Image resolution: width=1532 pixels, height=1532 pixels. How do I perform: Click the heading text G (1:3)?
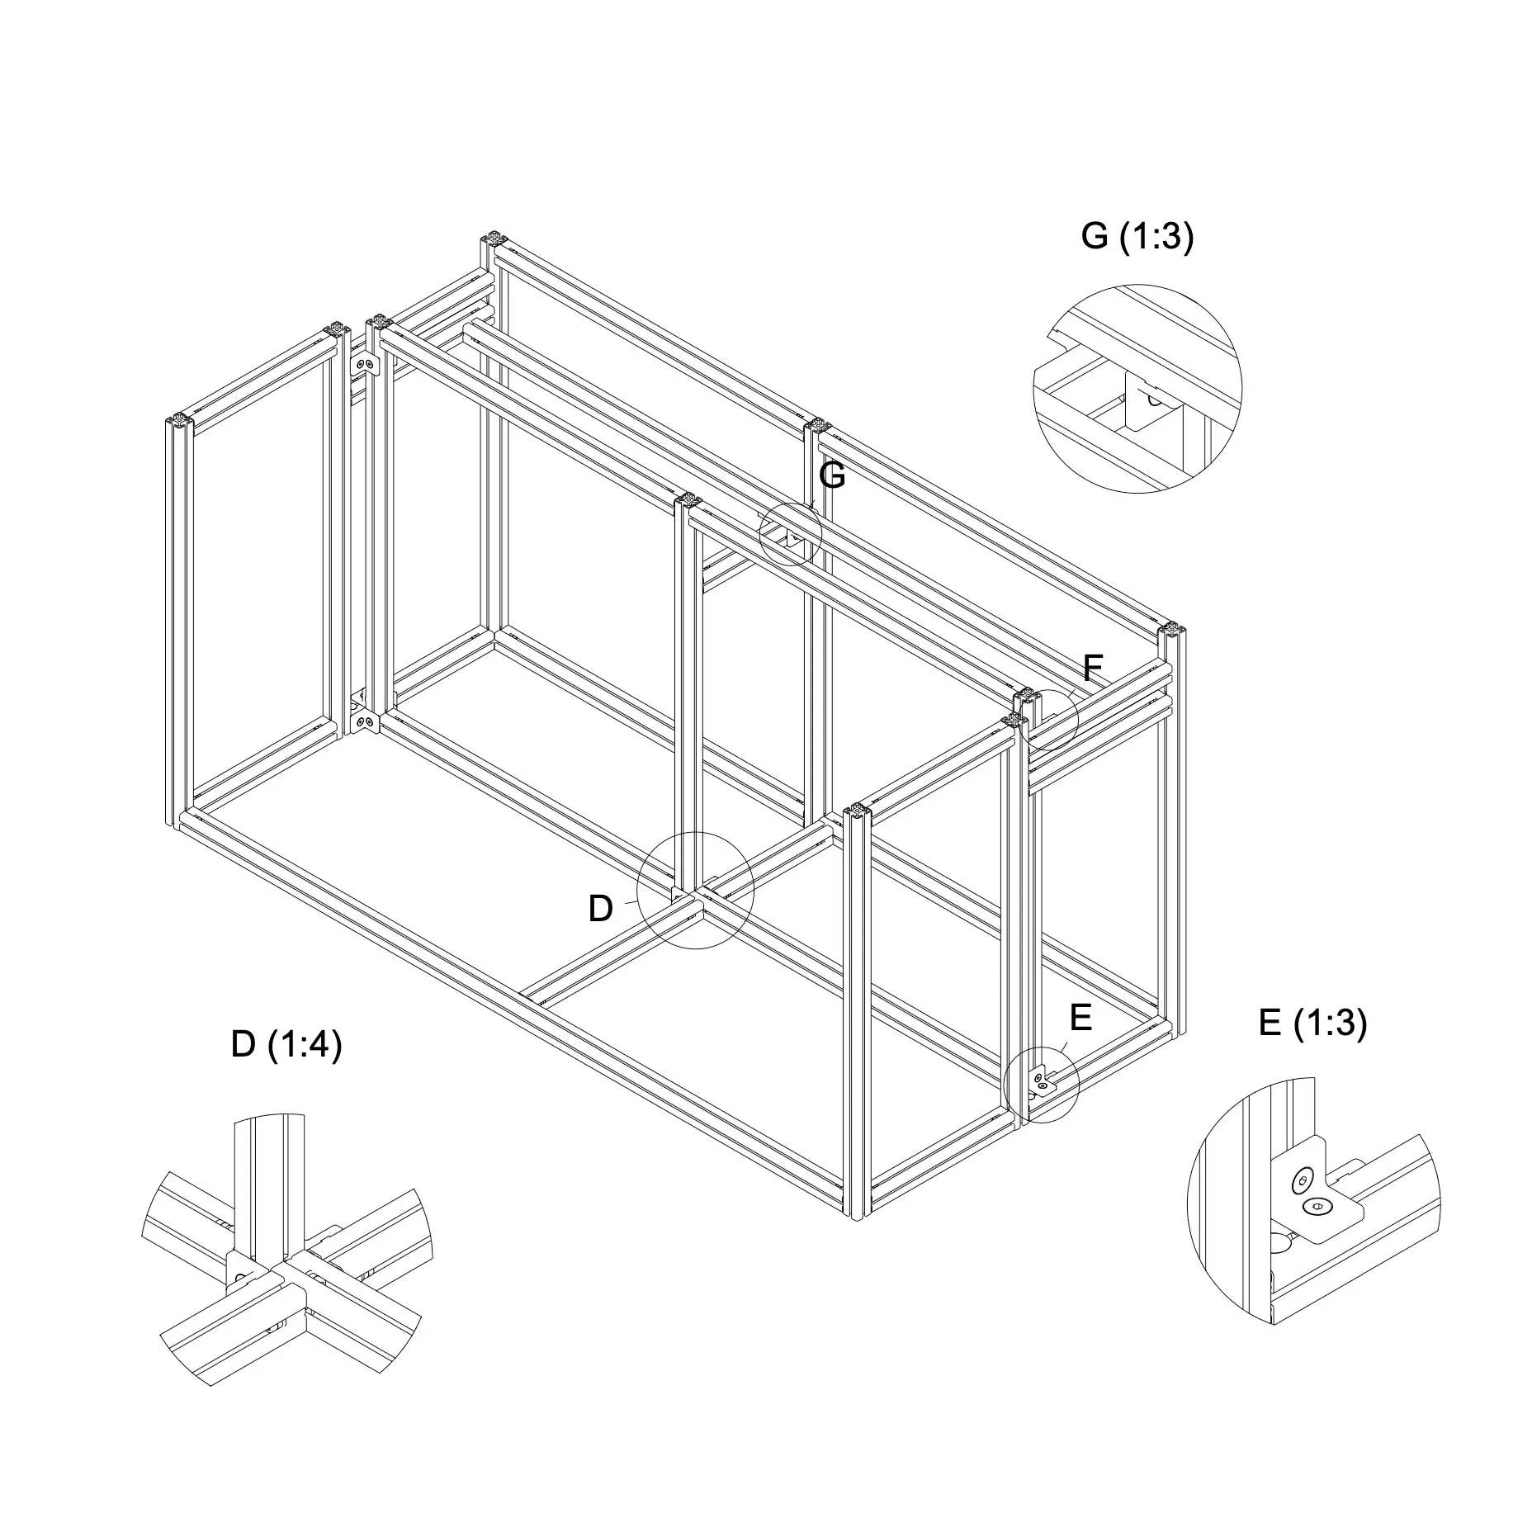[x=1137, y=238]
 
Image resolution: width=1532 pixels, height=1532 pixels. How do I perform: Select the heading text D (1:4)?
[x=286, y=1045]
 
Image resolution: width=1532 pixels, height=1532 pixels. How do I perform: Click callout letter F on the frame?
[x=1092, y=667]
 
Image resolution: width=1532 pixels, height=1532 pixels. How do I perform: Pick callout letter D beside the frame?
[x=600, y=909]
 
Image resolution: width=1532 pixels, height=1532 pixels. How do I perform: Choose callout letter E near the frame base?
[x=1080, y=1018]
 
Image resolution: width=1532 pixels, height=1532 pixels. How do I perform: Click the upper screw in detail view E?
[x=1303, y=1180]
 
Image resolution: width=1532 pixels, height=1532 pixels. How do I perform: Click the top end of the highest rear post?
[x=494, y=239]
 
